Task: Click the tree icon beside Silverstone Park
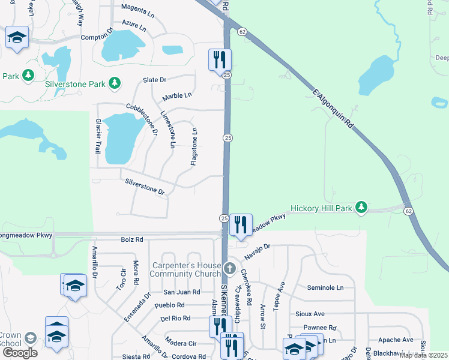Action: (x=115, y=84)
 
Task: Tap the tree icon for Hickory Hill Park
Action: (x=361, y=208)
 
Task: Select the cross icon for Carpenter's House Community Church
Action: (x=229, y=268)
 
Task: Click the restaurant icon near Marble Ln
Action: (x=220, y=59)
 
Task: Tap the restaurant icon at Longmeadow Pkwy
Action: (x=241, y=224)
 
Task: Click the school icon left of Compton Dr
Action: (x=17, y=37)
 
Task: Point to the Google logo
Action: (x=19, y=353)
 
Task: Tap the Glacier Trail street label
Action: (x=98, y=135)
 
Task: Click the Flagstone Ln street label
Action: (x=194, y=147)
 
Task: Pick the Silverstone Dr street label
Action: (x=144, y=187)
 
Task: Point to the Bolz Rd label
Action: (x=131, y=239)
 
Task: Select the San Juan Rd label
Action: (x=181, y=292)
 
